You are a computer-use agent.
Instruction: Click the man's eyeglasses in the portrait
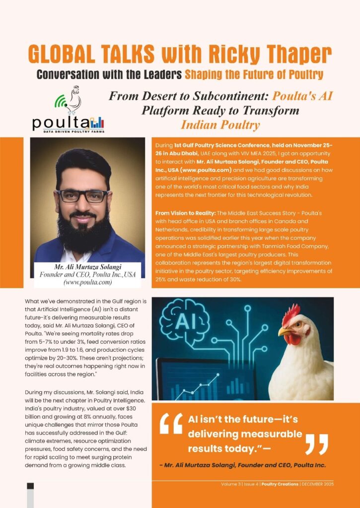coord(83,195)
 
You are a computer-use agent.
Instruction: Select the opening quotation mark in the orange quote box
coord(171,425)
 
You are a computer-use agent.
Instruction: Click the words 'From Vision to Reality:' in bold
coord(185,212)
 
